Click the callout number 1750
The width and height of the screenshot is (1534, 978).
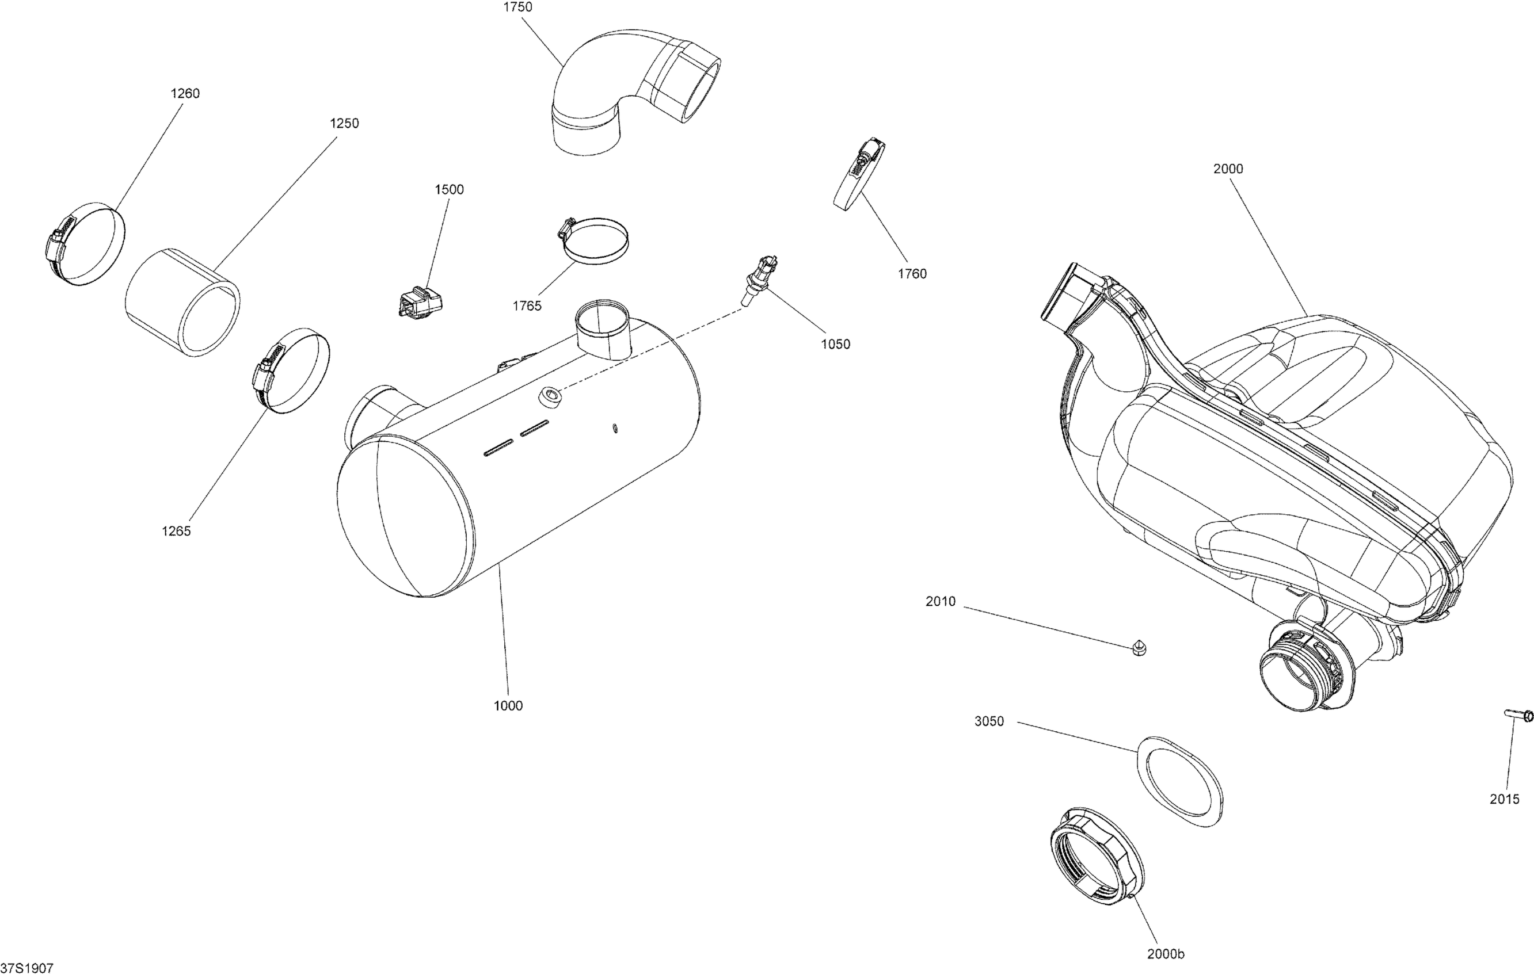click(x=517, y=7)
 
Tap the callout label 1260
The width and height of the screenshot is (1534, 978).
click(x=185, y=94)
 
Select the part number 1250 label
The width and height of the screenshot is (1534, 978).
click(x=344, y=124)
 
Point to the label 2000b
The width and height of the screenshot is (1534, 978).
click(x=1166, y=954)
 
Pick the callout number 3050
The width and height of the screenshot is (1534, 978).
click(x=989, y=721)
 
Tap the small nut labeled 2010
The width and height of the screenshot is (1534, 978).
click(x=1140, y=649)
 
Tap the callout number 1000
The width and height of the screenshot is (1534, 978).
click(x=508, y=705)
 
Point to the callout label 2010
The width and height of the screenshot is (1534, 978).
click(x=941, y=602)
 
